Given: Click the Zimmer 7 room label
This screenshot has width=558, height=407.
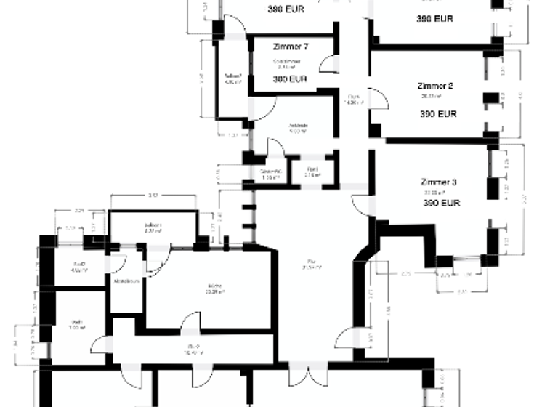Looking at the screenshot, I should [x=291, y=47].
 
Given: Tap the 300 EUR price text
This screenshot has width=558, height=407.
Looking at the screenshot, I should [x=290, y=79].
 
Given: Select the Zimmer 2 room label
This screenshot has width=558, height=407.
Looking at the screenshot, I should [x=435, y=86].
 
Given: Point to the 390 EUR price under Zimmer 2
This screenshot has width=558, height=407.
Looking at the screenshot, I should [x=438, y=114].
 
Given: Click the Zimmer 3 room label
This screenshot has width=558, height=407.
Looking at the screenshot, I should [x=440, y=181].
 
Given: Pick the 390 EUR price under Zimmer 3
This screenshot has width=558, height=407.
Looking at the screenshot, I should [x=442, y=204].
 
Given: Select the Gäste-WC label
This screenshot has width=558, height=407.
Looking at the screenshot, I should [x=270, y=172].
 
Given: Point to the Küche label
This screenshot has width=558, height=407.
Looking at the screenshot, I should [x=213, y=286].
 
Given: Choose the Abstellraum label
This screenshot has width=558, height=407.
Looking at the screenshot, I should [x=126, y=281].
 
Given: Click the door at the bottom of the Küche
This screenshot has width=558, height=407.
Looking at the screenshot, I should [x=190, y=323].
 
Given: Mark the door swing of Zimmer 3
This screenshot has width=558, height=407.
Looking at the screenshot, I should [x=361, y=206].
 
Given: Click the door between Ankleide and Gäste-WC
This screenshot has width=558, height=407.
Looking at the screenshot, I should [x=275, y=148].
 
